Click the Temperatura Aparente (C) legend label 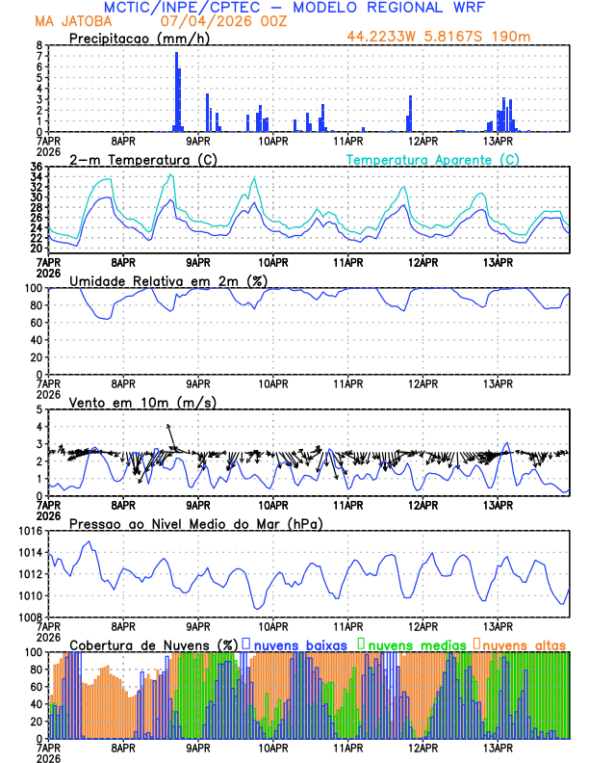[433, 159]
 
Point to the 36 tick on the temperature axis [36, 167]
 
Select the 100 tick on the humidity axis [32, 288]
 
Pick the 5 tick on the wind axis [38, 409]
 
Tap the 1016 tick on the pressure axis [28, 531]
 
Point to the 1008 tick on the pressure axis [28, 617]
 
